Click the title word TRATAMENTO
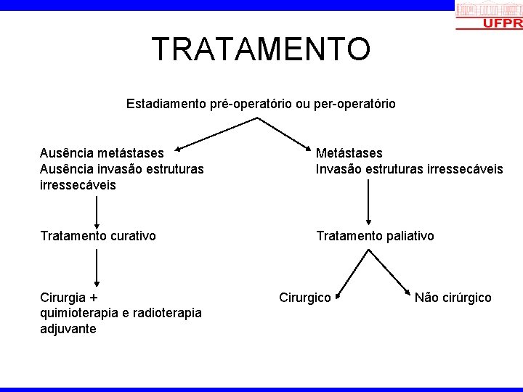click(x=261, y=49)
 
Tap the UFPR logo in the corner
click(x=488, y=15)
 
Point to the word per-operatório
click(x=354, y=104)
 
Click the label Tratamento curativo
click(x=98, y=236)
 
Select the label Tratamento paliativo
click(x=375, y=236)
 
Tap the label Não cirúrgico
click(x=453, y=298)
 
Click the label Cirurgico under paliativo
click(x=305, y=298)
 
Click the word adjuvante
click(x=68, y=329)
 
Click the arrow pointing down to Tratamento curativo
click(x=97, y=211)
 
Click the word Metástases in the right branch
click(x=349, y=153)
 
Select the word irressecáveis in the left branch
click(x=78, y=184)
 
